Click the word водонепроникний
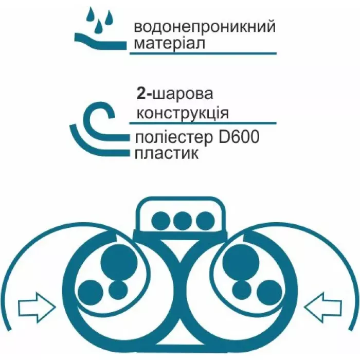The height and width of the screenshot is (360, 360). [x=204, y=27]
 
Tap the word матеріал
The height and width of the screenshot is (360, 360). [x=170, y=43]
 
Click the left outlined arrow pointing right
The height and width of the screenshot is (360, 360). [x=37, y=308]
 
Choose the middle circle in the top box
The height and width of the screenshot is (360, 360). [x=181, y=221]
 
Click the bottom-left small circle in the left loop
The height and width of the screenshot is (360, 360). [x=89, y=291]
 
